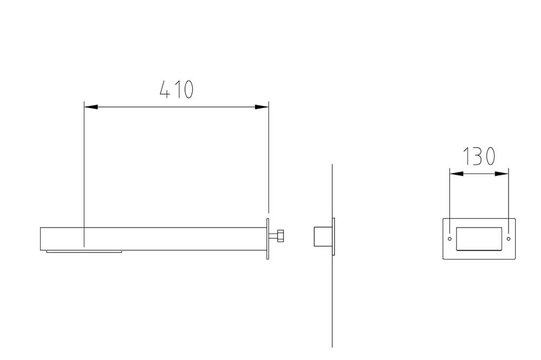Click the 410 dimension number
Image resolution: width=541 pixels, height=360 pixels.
click(176, 89)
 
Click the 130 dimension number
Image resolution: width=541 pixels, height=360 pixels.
click(479, 156)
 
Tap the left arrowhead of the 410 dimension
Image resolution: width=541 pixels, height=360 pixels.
click(91, 107)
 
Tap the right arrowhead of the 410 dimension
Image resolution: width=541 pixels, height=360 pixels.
click(261, 107)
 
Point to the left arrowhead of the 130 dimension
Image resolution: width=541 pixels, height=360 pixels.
click(457, 174)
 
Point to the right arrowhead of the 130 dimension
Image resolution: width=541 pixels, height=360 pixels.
click(502, 174)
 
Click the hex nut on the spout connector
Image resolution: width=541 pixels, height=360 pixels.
click(280, 236)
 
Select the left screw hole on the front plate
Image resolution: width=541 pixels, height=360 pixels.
click(450, 238)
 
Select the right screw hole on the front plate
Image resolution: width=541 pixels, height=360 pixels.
click(509, 238)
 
